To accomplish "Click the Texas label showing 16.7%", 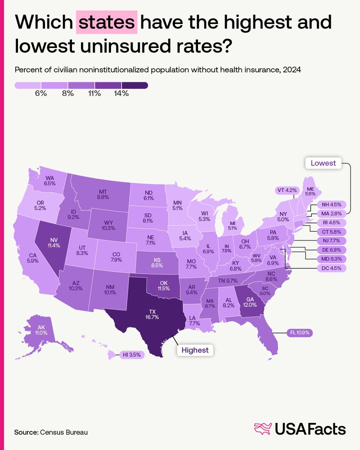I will coord(152,314).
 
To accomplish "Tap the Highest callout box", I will coord(195,350).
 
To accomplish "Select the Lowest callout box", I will coord(323,163).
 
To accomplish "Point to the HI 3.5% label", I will coord(132,354).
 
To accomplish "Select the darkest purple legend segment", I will coord(135,86).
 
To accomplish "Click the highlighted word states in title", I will coord(106,23).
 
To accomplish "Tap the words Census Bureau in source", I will coord(63,432).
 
